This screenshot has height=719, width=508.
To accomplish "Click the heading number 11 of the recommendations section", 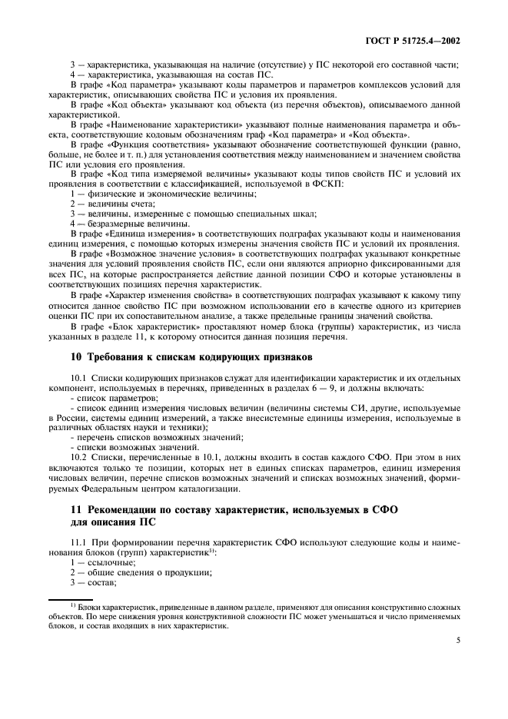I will (x=75, y=509).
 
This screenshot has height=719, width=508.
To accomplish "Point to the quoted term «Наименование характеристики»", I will (x=174, y=123).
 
